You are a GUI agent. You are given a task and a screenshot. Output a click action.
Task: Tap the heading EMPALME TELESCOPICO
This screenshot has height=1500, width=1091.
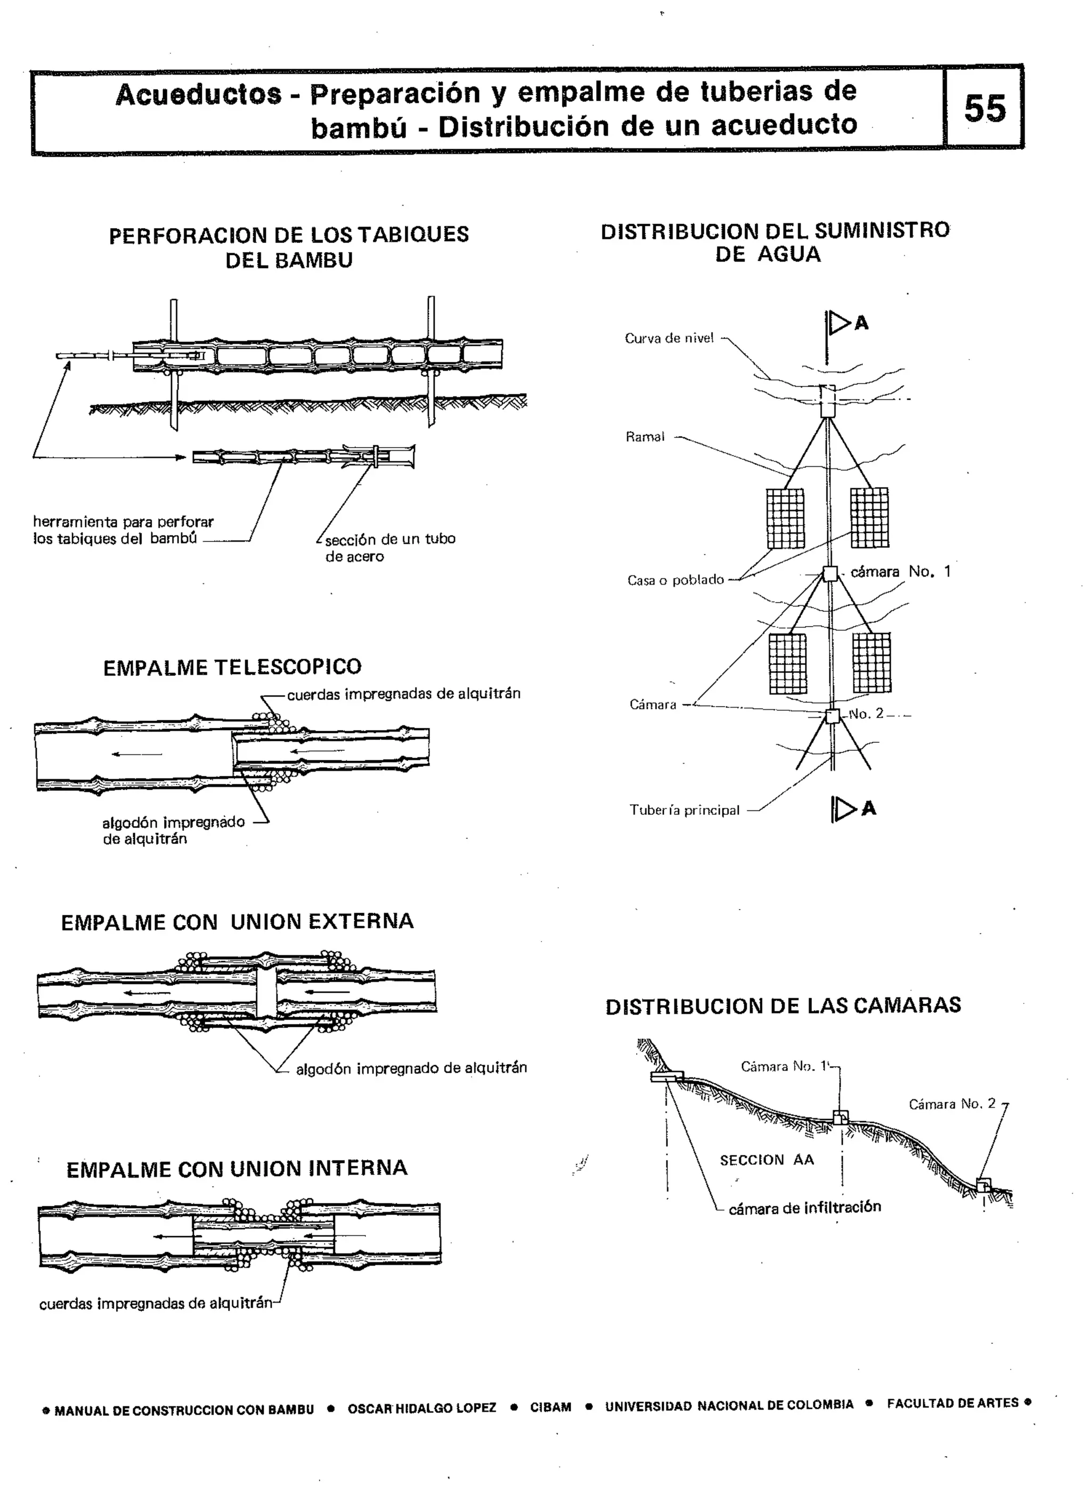pos(232,667)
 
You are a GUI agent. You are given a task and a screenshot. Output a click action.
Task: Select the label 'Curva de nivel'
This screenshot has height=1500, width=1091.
pos(669,338)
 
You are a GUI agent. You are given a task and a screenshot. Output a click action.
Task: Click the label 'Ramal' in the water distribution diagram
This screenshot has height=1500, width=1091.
pos(645,436)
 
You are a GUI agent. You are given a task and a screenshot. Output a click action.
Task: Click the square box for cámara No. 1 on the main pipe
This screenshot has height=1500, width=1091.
pos(830,573)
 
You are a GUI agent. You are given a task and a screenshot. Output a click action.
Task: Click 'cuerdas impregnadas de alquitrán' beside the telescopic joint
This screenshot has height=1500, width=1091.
pos(403,694)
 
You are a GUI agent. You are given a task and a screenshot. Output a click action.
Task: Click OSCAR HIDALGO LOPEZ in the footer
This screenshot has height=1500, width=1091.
pos(422,1408)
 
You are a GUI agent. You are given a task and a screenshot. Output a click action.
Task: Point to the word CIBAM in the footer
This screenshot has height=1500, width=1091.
pos(550,1407)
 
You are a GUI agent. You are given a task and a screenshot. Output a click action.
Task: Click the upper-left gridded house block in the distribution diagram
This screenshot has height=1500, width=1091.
pos(786,518)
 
